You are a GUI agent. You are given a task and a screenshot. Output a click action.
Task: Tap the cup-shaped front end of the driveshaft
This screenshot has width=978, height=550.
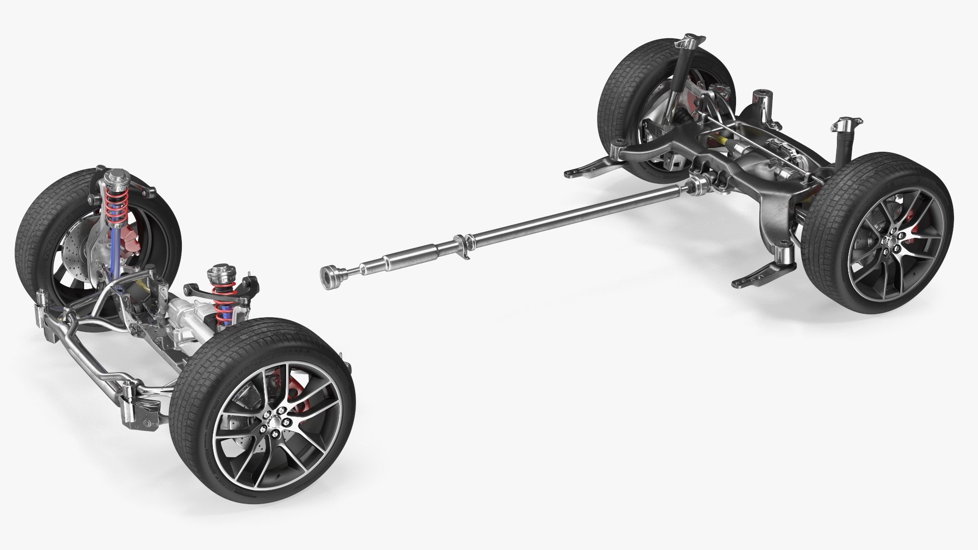point(331,277)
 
